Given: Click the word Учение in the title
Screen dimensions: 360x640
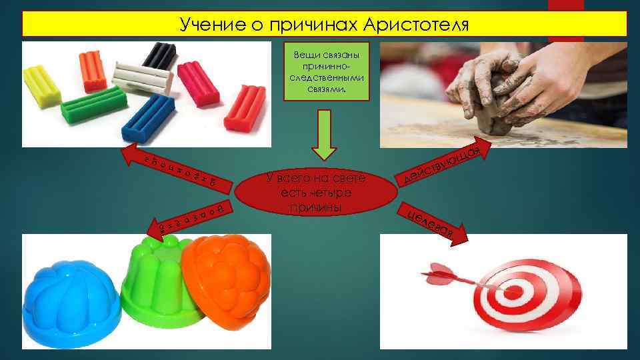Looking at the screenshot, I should tap(203, 25).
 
